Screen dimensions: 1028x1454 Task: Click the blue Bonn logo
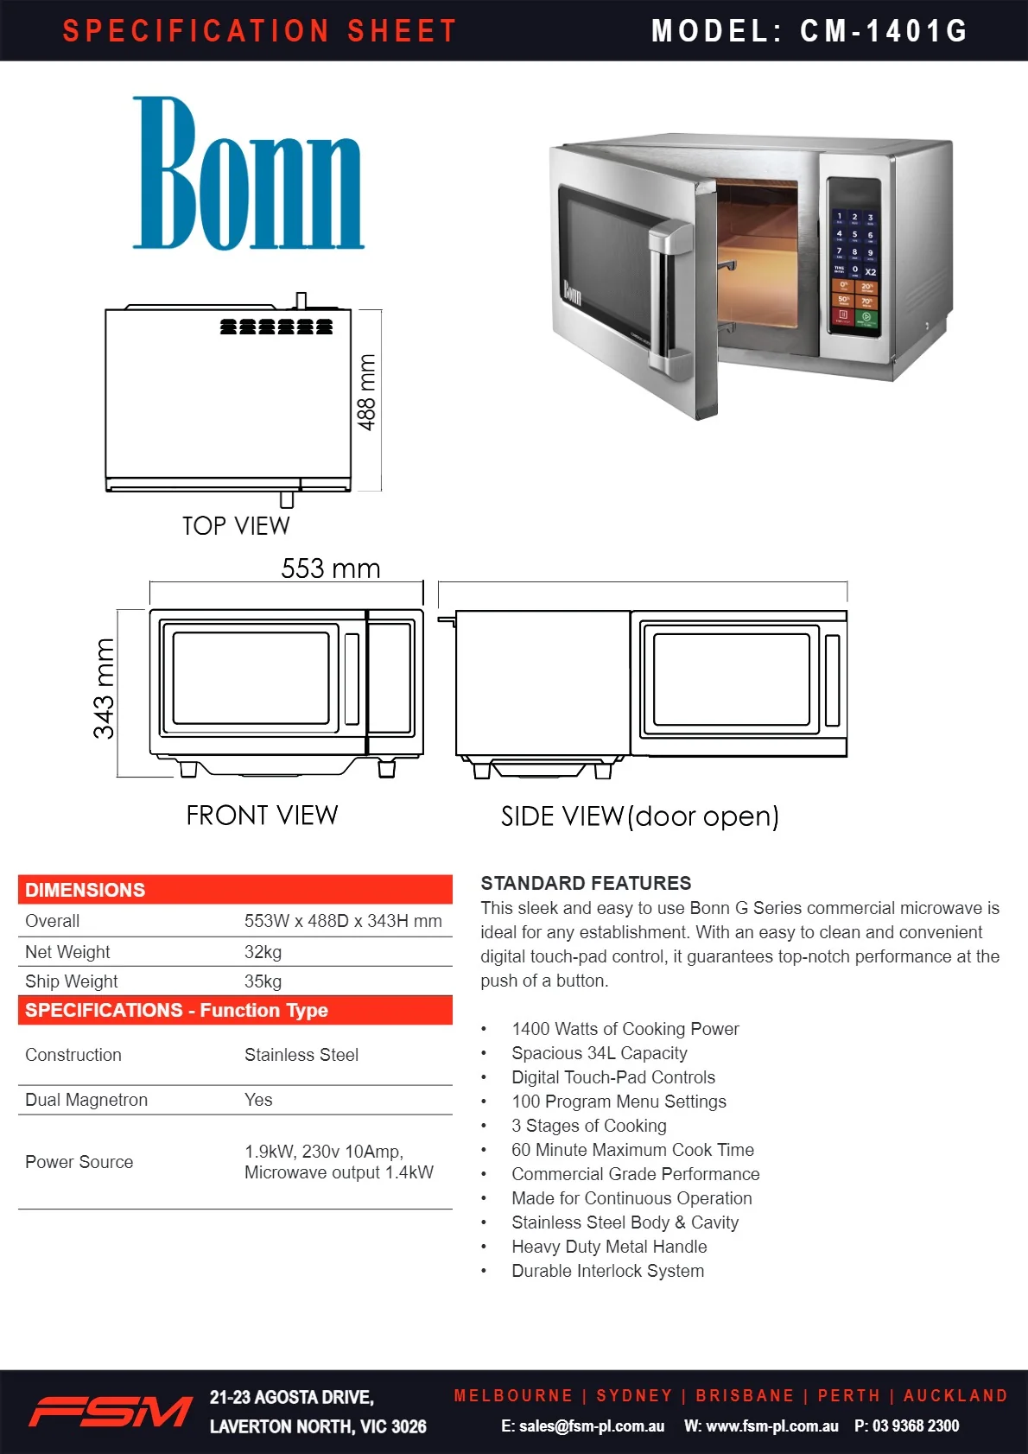click(249, 174)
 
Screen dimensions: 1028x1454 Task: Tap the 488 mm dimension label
click(366, 392)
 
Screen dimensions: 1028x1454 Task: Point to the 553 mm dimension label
click(330, 568)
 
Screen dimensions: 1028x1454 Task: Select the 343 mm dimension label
click(104, 689)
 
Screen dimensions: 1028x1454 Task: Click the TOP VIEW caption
click(236, 526)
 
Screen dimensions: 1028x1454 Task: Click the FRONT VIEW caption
click(263, 816)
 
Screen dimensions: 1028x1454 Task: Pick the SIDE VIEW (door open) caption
click(640, 816)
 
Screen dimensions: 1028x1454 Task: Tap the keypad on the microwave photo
click(854, 266)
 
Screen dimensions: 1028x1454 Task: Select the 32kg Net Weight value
click(263, 952)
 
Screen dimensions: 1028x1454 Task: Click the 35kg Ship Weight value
click(263, 981)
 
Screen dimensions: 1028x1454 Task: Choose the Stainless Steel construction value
click(301, 1055)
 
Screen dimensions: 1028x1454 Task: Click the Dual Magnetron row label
click(86, 1100)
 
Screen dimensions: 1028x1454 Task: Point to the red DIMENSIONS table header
click(235, 889)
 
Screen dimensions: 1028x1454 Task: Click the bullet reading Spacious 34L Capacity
click(599, 1053)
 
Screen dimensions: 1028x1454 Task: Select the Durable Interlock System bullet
click(607, 1271)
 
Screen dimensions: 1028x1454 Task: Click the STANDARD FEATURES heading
click(586, 884)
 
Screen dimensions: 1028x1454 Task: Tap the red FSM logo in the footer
click(111, 1412)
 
